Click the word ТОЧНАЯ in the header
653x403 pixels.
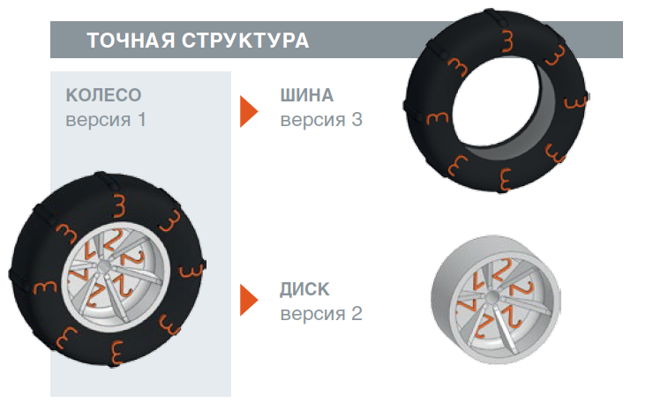click(x=131, y=41)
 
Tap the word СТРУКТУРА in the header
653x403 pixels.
click(x=245, y=41)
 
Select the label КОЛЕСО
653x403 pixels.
click(x=104, y=95)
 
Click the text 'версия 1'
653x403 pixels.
click(x=106, y=120)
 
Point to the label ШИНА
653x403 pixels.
click(x=307, y=95)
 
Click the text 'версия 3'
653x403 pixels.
click(x=321, y=120)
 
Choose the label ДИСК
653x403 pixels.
click(x=304, y=289)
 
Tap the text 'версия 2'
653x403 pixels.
click(x=321, y=314)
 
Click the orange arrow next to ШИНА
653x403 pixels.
click(x=249, y=111)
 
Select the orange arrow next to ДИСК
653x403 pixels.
click(x=249, y=300)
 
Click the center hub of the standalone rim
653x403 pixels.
click(x=492, y=297)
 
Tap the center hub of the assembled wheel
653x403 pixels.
click(x=104, y=267)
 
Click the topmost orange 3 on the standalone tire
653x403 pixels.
click(x=507, y=41)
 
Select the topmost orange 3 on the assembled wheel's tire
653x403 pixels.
click(x=119, y=205)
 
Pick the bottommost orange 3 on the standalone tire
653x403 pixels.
click(x=505, y=179)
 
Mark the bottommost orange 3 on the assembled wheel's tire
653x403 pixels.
click(x=116, y=353)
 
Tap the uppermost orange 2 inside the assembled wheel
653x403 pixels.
click(x=113, y=239)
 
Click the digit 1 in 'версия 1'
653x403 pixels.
click(x=141, y=120)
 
